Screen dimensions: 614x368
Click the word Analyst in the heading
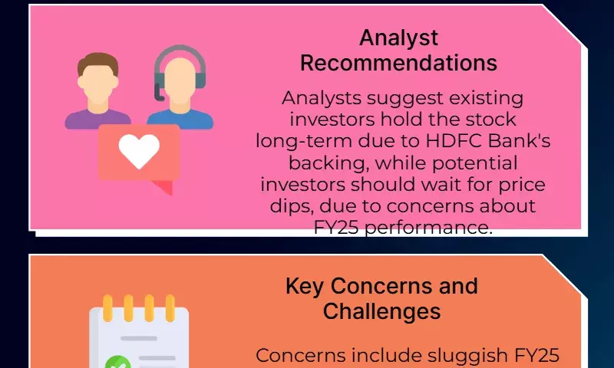398,38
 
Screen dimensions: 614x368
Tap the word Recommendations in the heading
398,63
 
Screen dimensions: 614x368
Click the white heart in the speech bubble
139,151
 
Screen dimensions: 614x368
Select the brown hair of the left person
98,63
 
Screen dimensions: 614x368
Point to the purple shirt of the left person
98,120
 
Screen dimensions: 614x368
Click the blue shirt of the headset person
180,120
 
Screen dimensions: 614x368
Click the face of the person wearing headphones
180,81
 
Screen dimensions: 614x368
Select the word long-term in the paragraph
304,142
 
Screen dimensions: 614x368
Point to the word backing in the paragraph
329,163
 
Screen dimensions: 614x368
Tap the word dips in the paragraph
292,206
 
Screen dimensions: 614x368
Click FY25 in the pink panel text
336,227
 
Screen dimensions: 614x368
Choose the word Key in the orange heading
304,287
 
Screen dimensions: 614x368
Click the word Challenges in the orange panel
381,312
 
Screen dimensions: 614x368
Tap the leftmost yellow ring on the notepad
107,308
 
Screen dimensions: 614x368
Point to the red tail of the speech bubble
163,187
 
